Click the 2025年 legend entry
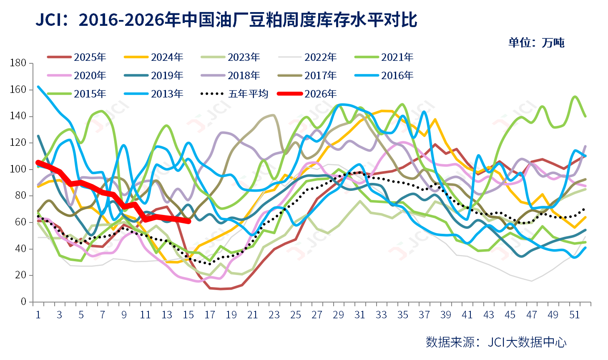click(x=77, y=57)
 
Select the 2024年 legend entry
click(x=153, y=57)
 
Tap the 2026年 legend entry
click(x=307, y=94)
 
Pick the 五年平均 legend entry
click(x=234, y=94)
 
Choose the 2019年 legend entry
click(x=153, y=75)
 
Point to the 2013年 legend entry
click(x=153, y=94)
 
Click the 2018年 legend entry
click(x=231, y=75)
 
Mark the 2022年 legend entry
click(x=307, y=57)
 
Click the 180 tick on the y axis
click(x=18, y=63)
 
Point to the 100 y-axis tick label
click(x=18, y=169)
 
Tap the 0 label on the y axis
click(x=24, y=301)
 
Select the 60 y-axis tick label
click(x=20, y=222)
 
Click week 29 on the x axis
click(x=339, y=315)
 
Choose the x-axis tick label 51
click(x=574, y=315)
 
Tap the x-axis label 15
click(x=188, y=315)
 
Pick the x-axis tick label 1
click(x=38, y=315)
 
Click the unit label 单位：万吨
click(x=536, y=43)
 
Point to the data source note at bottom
click(x=496, y=342)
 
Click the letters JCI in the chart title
click(x=48, y=20)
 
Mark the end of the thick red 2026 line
click(x=189, y=222)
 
